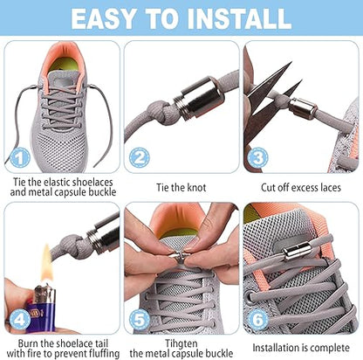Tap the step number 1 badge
tap(20, 156)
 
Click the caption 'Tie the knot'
tap(180, 185)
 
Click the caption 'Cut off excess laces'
tap(301, 185)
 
